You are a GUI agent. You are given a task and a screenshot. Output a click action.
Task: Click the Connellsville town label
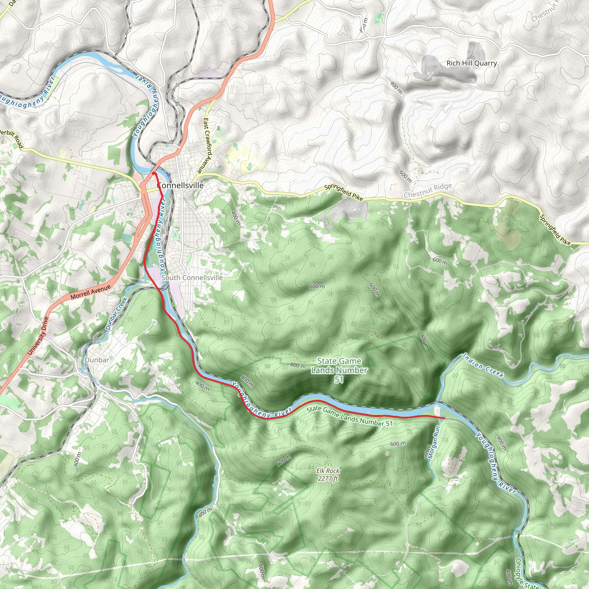click(x=180, y=186)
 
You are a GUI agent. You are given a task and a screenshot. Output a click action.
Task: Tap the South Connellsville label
click(x=192, y=278)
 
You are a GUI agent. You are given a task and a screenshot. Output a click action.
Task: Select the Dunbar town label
click(x=97, y=360)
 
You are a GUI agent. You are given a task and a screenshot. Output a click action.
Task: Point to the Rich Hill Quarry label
click(x=472, y=63)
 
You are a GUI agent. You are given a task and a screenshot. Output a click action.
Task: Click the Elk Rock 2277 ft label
click(x=328, y=475)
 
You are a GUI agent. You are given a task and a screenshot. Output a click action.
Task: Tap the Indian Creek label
click(x=483, y=366)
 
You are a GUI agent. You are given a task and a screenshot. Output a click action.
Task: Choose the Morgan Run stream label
click(x=434, y=442)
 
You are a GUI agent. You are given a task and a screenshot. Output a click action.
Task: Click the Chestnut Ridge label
click(x=428, y=191)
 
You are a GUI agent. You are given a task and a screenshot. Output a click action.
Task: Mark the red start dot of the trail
click(x=153, y=173)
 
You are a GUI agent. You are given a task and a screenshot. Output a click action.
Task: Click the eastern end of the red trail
click(x=443, y=418)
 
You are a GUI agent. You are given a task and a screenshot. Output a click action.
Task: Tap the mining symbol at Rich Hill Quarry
click(x=430, y=74)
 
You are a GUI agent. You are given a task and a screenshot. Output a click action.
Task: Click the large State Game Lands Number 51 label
click(x=339, y=370)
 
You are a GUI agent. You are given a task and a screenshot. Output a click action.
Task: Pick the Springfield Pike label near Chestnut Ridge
click(x=343, y=192)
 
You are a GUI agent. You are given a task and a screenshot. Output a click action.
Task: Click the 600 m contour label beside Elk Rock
click(x=284, y=461)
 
